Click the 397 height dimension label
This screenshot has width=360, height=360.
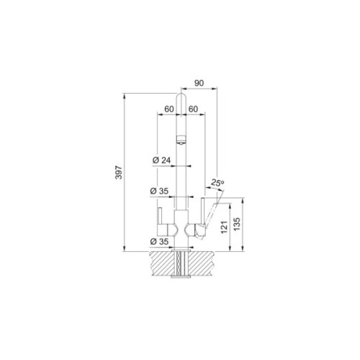119,172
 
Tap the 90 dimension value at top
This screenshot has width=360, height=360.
199,83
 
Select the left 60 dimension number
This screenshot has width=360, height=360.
169,109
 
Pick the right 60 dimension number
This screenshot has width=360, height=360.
193,109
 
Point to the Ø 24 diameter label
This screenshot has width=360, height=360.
162,160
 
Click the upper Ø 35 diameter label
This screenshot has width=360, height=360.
159,192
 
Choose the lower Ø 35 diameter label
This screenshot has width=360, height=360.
159,242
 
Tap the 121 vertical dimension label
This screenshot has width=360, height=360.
224,227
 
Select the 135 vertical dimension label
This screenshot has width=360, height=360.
237,224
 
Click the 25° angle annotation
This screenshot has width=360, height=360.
217,183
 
